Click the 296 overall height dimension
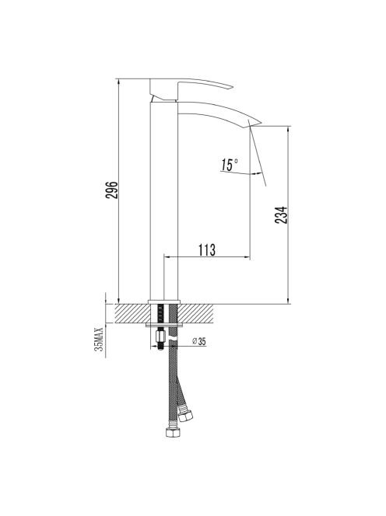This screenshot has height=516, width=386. click(112, 190)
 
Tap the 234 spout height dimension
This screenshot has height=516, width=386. click(281, 215)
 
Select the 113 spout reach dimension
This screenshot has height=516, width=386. click(207, 249)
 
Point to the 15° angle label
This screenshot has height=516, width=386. click(230, 165)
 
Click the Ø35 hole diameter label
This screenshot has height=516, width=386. click(198, 341)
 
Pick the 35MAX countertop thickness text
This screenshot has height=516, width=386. click(99, 340)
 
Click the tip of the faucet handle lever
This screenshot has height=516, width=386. click(233, 87)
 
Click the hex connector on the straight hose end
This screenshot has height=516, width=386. click(173, 432)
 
